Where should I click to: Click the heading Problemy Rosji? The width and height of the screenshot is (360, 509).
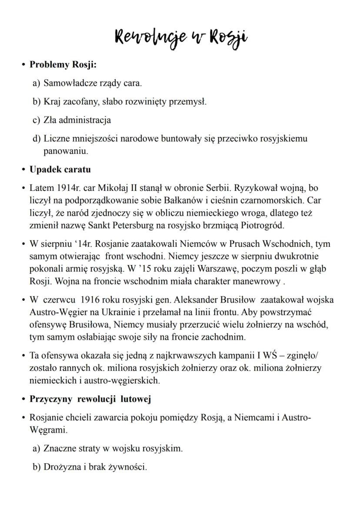(x=63, y=65)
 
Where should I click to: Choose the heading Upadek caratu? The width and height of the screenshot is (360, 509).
(x=60, y=170)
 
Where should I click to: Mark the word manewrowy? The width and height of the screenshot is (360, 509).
(x=258, y=282)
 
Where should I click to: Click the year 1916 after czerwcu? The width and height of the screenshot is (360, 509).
(x=93, y=300)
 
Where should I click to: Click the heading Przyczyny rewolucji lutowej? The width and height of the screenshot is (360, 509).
(x=90, y=399)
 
